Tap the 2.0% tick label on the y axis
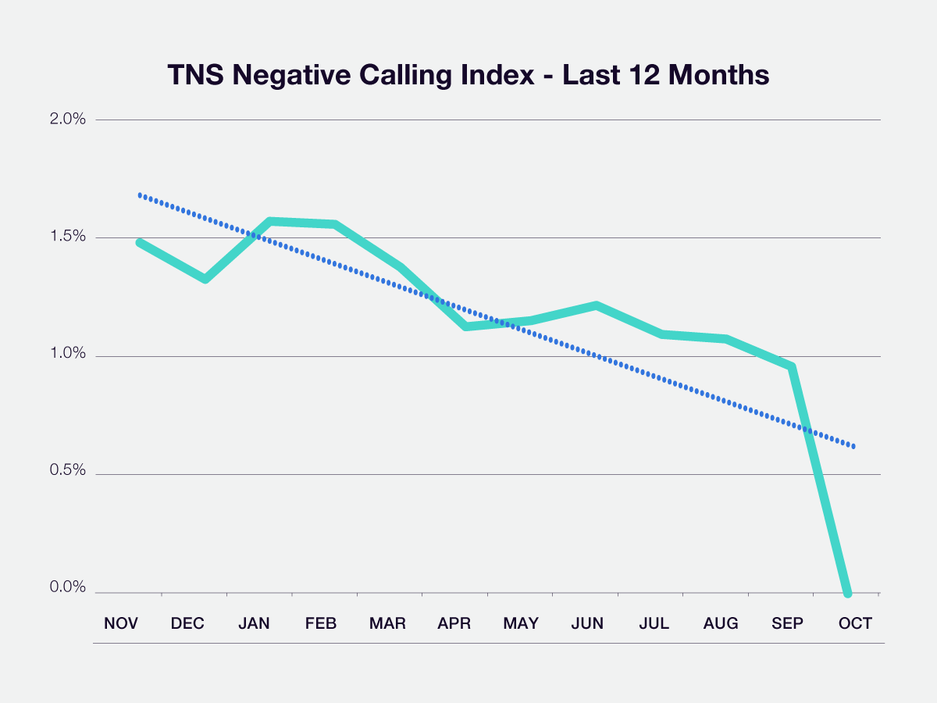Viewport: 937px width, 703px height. click(x=68, y=120)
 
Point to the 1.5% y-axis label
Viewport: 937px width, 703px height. click(x=68, y=237)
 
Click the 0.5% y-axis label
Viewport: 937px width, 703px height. click(x=68, y=473)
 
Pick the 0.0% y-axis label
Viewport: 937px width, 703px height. click(x=68, y=588)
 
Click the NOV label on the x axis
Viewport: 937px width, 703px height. click(x=121, y=623)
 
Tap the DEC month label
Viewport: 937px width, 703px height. click(x=187, y=623)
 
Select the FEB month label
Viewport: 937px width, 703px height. click(x=321, y=623)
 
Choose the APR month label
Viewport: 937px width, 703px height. click(x=454, y=623)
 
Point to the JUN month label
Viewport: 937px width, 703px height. click(x=587, y=623)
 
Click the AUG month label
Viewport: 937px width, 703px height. click(x=721, y=623)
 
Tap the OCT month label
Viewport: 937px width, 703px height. click(x=854, y=623)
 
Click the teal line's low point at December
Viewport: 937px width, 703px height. click(x=205, y=279)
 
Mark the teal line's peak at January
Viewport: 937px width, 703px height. click(x=270, y=222)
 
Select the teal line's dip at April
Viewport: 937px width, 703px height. click(x=466, y=327)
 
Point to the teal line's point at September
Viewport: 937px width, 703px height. click(x=792, y=366)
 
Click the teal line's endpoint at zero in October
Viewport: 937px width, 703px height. click(x=847, y=592)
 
